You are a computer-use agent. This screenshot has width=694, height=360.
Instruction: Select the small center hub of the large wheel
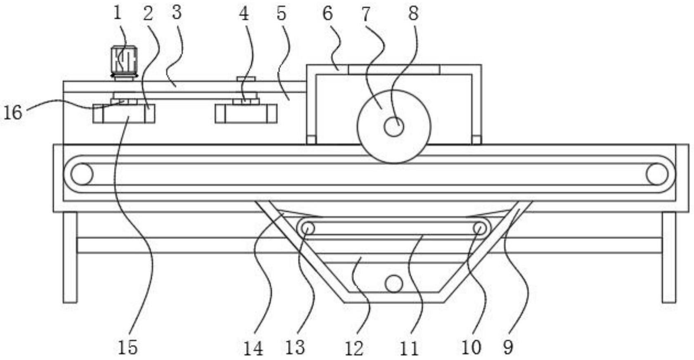coord(393,127)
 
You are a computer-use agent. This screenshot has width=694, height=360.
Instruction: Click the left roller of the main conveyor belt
coord(82,174)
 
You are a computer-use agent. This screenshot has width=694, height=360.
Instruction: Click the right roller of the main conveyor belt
coord(657,174)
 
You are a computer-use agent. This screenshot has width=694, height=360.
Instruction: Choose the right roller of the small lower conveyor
coord(479,228)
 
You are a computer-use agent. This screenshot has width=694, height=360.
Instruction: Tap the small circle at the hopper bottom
coord(393,284)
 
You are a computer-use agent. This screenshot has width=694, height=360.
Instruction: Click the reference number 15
coord(128,347)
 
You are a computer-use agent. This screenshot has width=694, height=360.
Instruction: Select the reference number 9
coord(508,347)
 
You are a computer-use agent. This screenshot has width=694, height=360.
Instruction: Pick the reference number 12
coord(354,348)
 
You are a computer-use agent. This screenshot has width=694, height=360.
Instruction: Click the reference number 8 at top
coord(413,13)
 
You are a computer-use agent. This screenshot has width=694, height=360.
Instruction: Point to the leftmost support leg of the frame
coord(70,257)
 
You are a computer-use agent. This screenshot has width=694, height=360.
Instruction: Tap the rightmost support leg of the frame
coord(669,257)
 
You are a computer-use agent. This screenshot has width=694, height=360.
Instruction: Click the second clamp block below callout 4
coord(246,114)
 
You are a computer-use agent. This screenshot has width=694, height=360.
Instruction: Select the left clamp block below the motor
coord(124,114)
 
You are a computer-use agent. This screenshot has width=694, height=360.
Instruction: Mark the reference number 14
coord(253,348)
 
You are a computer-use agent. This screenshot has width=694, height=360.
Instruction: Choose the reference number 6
coord(327,13)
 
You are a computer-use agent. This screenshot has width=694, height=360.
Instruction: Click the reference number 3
coord(177,12)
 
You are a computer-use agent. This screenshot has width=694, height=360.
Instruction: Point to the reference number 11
coord(409,348)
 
